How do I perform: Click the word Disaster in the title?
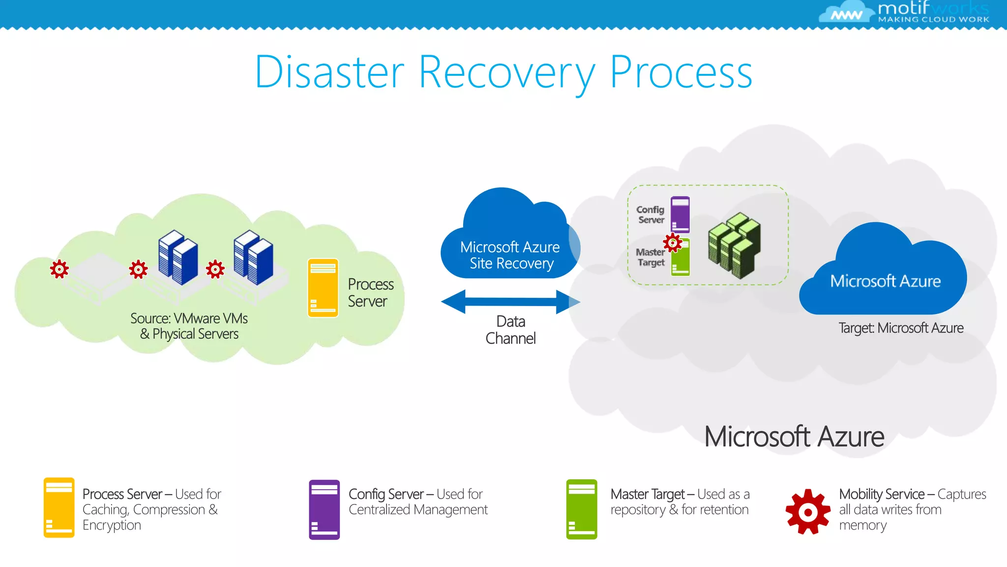[329, 72]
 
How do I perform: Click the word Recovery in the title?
[506, 72]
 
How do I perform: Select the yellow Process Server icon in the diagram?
[323, 288]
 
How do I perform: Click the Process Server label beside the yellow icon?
[370, 293]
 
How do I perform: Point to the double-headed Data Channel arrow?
[510, 302]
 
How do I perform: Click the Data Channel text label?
[510, 330]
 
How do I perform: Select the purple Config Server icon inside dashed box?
[680, 215]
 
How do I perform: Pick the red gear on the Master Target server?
[672, 243]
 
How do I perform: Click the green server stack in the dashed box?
[734, 245]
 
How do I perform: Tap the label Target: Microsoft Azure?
[900, 328]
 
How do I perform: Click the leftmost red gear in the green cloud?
[59, 269]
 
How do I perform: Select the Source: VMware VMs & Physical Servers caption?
[189, 326]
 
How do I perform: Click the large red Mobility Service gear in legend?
[808, 512]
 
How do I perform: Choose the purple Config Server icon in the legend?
[324, 510]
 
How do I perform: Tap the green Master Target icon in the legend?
[582, 509]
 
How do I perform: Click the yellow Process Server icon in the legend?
[59, 507]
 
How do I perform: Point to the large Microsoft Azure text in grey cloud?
[794, 437]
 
